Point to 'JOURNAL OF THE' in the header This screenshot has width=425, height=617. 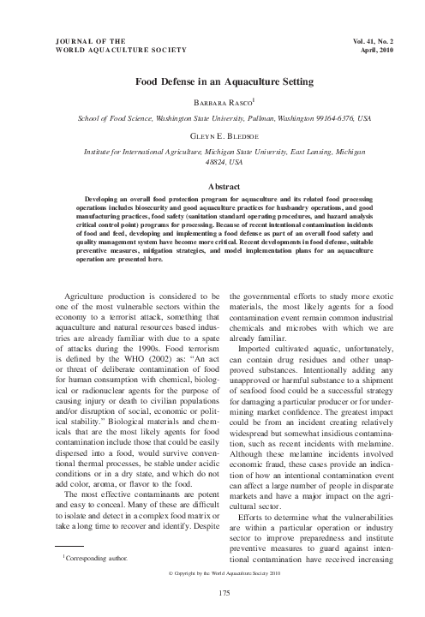89,40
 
